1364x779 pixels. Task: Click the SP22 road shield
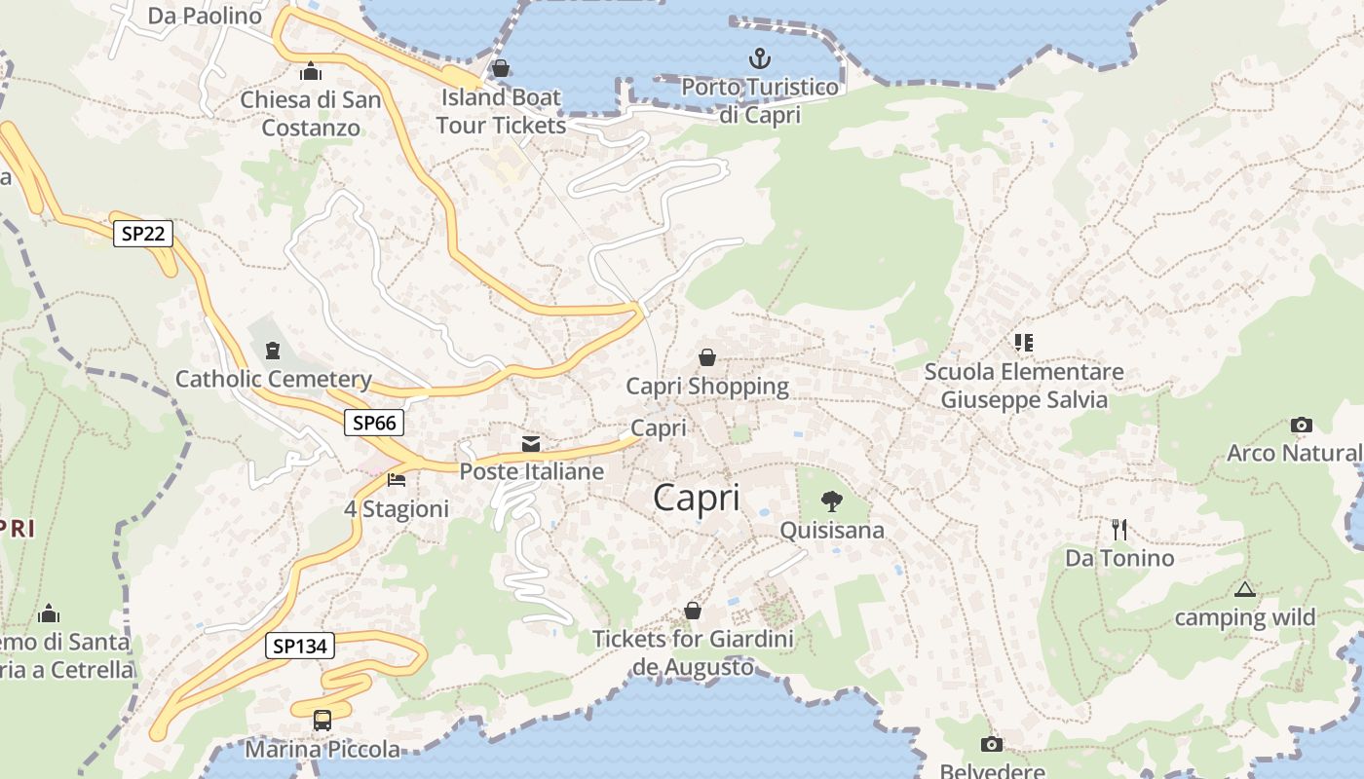click(143, 234)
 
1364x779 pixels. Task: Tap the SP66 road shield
click(374, 423)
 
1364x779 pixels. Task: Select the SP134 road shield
click(299, 645)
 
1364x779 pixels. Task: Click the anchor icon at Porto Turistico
click(759, 58)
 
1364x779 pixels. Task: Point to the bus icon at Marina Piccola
click(322, 721)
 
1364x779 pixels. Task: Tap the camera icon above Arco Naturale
click(1301, 425)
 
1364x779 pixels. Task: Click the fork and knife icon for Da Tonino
click(1119, 530)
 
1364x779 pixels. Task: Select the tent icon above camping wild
click(1244, 589)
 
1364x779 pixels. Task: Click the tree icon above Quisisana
click(831, 501)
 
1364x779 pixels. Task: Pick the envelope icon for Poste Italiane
click(531, 444)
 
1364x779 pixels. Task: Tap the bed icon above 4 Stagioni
click(397, 480)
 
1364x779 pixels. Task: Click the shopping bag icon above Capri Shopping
click(707, 357)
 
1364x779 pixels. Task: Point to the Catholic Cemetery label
click(273, 379)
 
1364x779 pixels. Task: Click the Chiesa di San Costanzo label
click(311, 114)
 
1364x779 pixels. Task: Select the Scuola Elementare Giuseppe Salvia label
click(1024, 386)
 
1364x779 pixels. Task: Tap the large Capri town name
click(697, 498)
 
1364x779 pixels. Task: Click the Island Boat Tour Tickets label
click(501, 111)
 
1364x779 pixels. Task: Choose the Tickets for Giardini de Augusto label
click(693, 652)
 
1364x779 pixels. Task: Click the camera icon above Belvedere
click(991, 745)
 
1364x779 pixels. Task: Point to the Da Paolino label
click(205, 16)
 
